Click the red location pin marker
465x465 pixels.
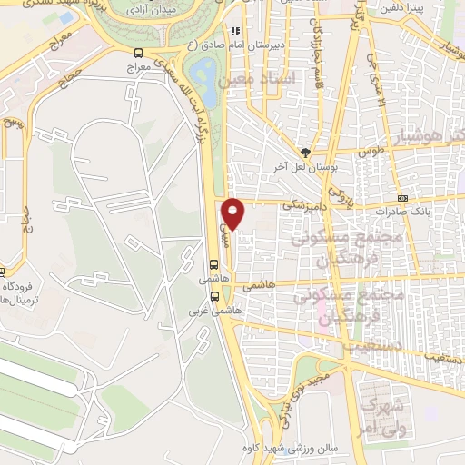click(234, 213)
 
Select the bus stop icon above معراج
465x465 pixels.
click(137, 53)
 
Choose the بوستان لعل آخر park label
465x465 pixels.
click(306, 168)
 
